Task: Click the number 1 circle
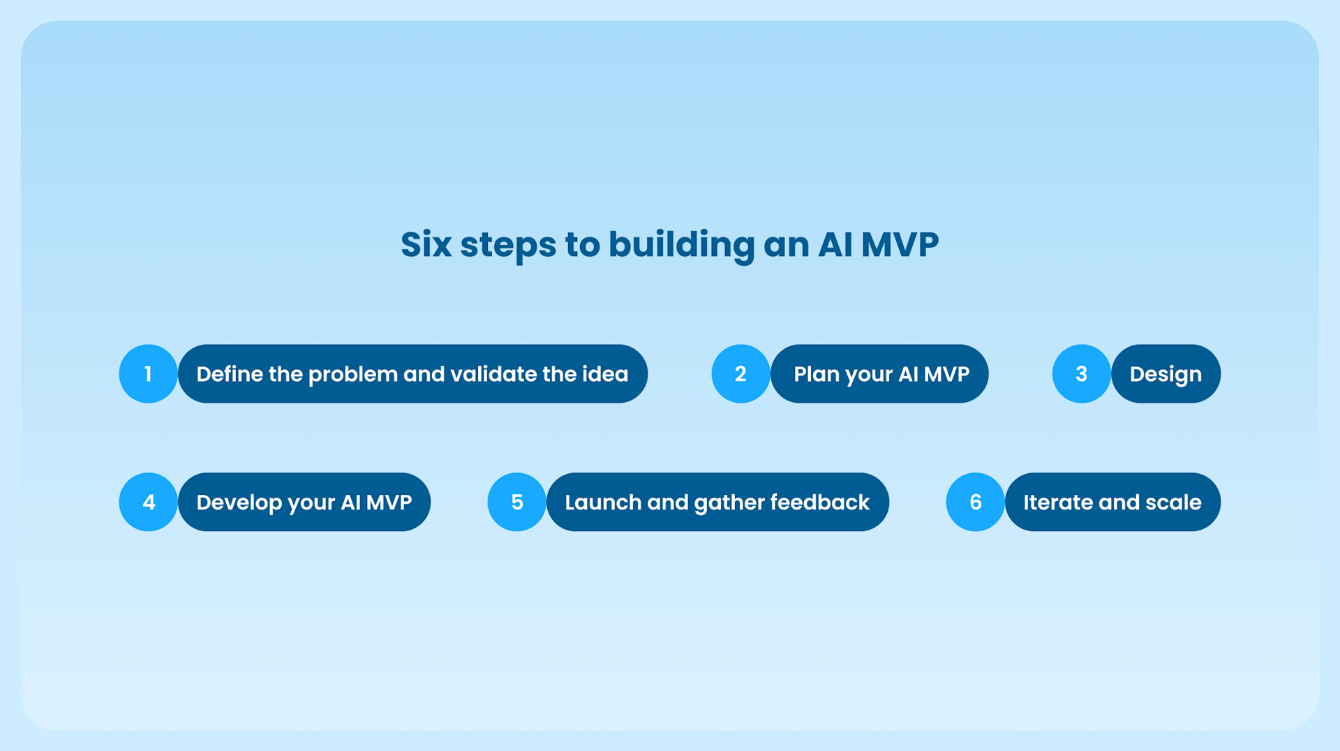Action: pyautogui.click(x=148, y=374)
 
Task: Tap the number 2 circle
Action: pyautogui.click(x=740, y=374)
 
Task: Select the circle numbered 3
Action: pyautogui.click(x=1081, y=374)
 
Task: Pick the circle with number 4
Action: pyautogui.click(x=148, y=503)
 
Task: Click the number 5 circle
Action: pyautogui.click(x=516, y=503)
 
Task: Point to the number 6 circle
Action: pyautogui.click(x=975, y=503)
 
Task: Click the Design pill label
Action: pyautogui.click(x=1166, y=374)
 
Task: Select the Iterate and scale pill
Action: pyautogui.click(x=1112, y=503)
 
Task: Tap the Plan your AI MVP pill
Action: pyautogui.click(x=881, y=374)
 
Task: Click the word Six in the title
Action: pyautogui.click(x=426, y=245)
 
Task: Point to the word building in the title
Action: pyautogui.click(x=681, y=245)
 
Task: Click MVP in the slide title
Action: pyautogui.click(x=900, y=245)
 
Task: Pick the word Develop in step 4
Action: pyautogui.click(x=238, y=503)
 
